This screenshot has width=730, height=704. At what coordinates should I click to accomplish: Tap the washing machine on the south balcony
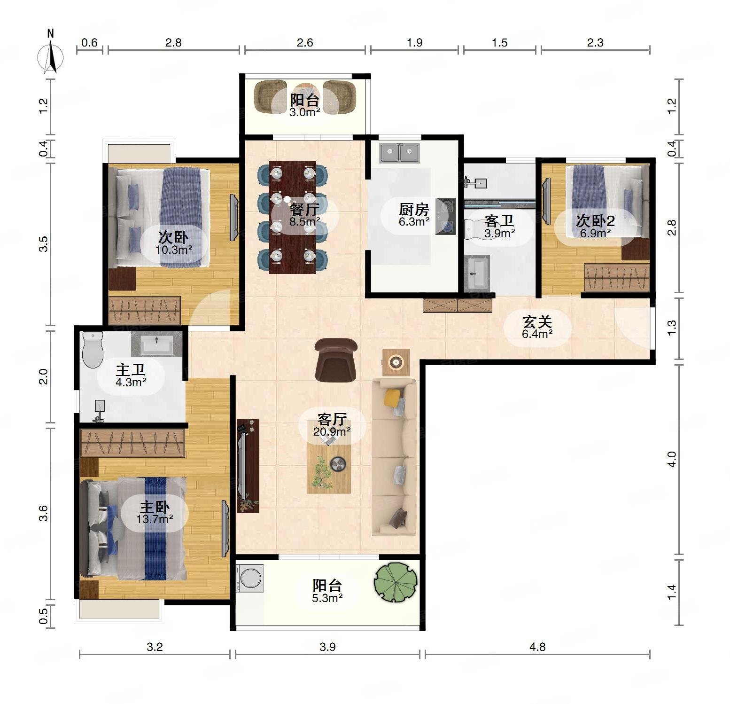pyautogui.click(x=249, y=578)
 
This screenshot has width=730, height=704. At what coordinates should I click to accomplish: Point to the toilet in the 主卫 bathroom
pyautogui.click(x=92, y=349)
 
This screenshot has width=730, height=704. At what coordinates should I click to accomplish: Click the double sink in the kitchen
pyautogui.click(x=399, y=153)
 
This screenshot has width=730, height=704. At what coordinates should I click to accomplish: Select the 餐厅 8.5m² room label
pyautogui.click(x=304, y=214)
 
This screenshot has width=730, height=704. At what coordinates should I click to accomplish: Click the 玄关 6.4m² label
pyautogui.click(x=537, y=328)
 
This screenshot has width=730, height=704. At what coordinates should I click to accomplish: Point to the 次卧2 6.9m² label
pyautogui.click(x=595, y=226)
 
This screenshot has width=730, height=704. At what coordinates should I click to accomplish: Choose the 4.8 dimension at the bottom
pyautogui.click(x=537, y=647)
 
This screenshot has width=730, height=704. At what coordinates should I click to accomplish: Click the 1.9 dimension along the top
pyautogui.click(x=414, y=43)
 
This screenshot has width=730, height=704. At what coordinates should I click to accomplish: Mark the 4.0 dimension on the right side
pyautogui.click(x=672, y=459)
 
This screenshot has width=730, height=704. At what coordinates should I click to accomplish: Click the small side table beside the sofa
pyautogui.click(x=396, y=362)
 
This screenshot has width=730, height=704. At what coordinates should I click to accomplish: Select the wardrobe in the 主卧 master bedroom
pyautogui.click(x=132, y=443)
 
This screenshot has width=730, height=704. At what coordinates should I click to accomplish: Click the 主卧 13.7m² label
pyautogui.click(x=155, y=513)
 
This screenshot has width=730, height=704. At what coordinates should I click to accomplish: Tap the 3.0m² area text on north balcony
pyautogui.click(x=304, y=112)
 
